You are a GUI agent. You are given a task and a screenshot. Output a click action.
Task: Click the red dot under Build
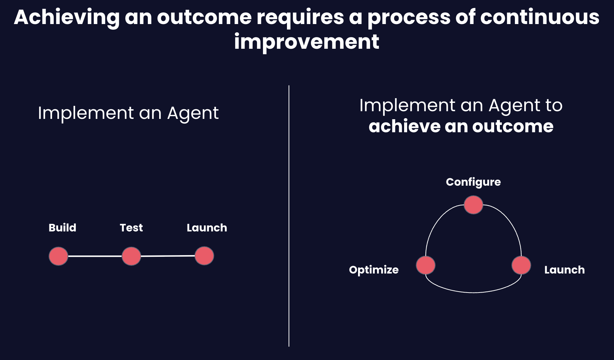coord(58,256)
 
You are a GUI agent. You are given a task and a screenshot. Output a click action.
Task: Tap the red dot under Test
coord(131,256)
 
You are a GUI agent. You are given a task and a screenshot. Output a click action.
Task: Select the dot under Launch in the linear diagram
coord(204,256)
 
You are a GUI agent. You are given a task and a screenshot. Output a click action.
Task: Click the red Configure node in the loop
coord(473,205)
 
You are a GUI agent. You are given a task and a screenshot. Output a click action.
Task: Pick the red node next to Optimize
coord(425,265)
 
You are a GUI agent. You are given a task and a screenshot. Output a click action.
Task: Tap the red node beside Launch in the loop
coord(521,265)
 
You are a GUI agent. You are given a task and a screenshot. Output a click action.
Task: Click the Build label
coord(62,228)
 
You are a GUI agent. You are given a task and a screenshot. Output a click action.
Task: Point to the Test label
coord(131,228)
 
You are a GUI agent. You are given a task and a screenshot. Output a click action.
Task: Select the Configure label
coord(473,182)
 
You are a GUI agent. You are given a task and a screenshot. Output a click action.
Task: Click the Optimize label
coord(374,270)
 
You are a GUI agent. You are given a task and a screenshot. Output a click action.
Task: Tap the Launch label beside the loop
coord(564,270)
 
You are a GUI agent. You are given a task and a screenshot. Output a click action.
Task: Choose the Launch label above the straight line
coord(207,228)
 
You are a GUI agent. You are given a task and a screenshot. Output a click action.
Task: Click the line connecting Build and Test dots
coord(95,256)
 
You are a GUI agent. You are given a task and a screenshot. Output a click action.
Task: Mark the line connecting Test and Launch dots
coord(168,256)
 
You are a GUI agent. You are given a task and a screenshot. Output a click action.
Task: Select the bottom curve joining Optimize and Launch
coord(473,292)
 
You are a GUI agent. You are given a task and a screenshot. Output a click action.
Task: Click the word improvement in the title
coord(306,42)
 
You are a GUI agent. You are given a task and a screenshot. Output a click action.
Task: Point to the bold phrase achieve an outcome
coord(461,126)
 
